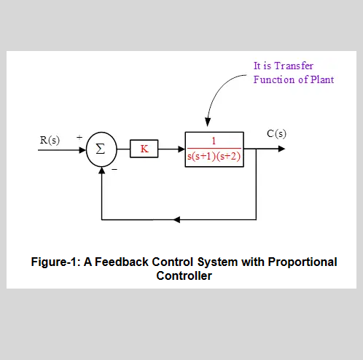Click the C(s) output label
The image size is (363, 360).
[x=276, y=133]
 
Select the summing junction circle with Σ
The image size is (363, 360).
[x=101, y=150]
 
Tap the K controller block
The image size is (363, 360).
[x=144, y=149]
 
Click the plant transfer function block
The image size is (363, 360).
[x=214, y=149]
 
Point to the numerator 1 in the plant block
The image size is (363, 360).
[x=214, y=142]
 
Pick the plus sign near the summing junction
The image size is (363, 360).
[x=79, y=136]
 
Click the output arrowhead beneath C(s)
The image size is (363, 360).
[x=281, y=149]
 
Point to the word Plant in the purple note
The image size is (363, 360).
[x=320, y=79]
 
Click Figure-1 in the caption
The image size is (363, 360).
[x=53, y=262]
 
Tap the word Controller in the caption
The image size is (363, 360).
[x=184, y=275]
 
